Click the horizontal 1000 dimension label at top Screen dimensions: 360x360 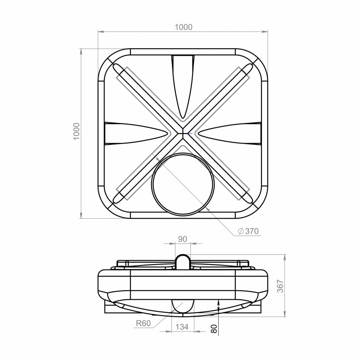click(x=184, y=27)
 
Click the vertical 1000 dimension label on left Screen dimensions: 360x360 click(x=76, y=131)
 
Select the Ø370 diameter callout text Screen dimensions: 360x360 click(x=248, y=231)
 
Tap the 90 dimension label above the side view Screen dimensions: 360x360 click(x=183, y=239)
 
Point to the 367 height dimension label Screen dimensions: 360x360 click(x=280, y=286)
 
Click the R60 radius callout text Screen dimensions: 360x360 click(x=143, y=323)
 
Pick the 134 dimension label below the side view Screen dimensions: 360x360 click(x=182, y=327)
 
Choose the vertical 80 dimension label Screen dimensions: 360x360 click(x=214, y=329)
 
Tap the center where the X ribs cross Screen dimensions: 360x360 click(x=183, y=133)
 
